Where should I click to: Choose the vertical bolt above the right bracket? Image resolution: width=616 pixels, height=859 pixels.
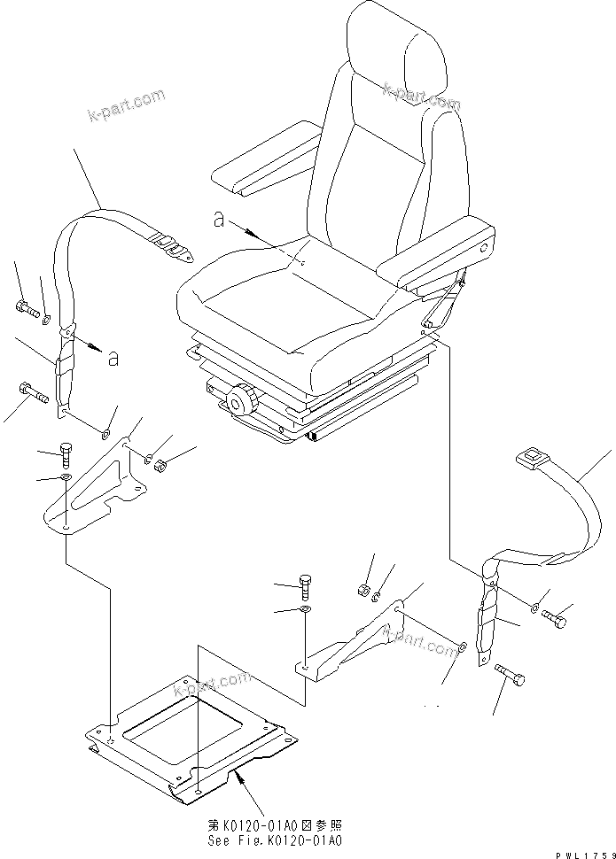[x=304, y=585]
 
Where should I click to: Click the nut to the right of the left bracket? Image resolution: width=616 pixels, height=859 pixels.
[x=160, y=465]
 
